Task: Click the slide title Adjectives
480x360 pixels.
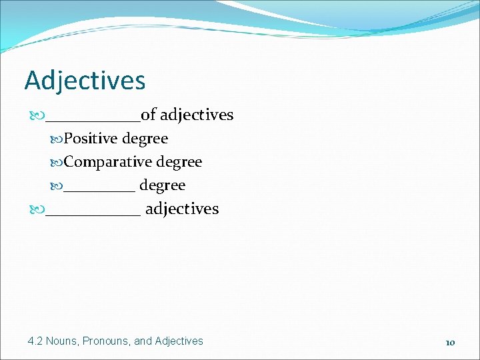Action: pos(85,81)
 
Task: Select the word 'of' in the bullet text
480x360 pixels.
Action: pos(148,115)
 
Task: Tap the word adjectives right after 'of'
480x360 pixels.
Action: pos(197,115)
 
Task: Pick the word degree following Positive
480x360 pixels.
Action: pos(145,139)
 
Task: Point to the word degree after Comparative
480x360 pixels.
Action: pos(179,163)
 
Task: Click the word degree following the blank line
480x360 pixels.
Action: pos(162,185)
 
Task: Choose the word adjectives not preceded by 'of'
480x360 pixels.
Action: pos(181,209)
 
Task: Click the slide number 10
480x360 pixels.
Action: pos(450,342)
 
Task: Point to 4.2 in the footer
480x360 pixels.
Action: pos(35,341)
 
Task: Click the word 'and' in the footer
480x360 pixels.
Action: pos(143,341)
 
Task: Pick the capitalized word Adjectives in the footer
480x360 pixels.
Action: pos(179,341)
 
